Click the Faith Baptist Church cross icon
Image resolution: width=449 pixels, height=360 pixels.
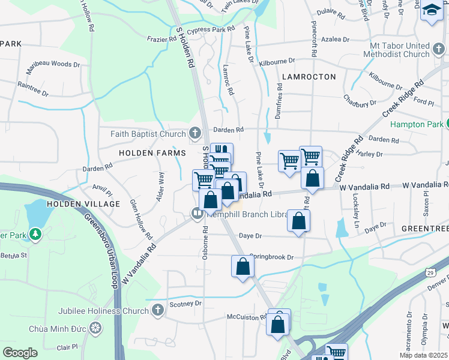194,133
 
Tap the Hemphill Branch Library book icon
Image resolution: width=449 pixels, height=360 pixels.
197,213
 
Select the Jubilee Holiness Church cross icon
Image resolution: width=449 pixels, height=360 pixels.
157,310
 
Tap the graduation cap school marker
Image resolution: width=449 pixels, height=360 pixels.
431,11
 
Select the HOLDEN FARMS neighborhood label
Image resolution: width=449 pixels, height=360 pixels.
152,153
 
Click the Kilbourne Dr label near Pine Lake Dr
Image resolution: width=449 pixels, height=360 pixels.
277,61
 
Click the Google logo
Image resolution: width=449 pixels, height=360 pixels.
20,352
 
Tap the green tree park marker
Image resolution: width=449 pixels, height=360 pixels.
35,233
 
